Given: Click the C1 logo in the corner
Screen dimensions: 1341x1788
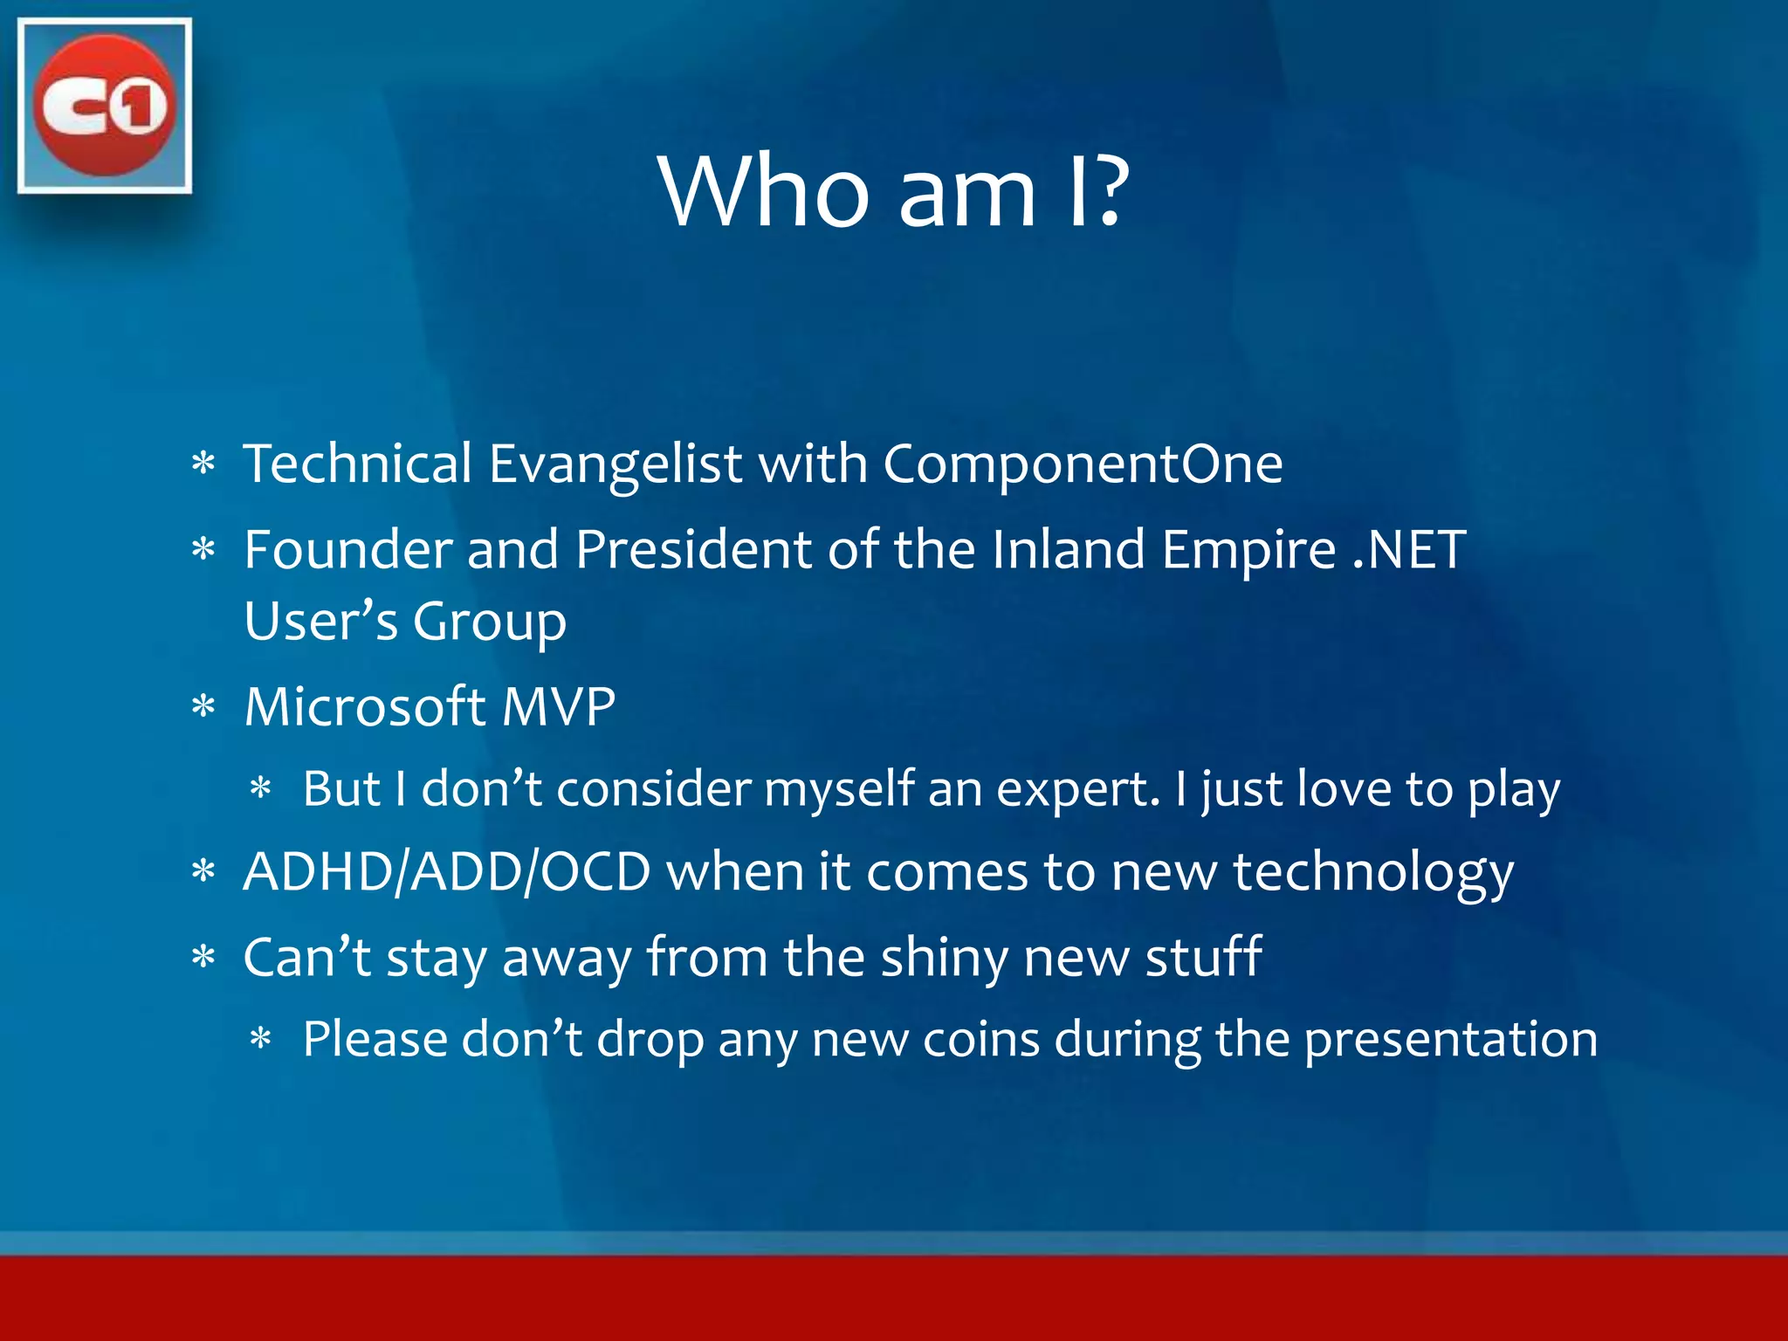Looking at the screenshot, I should tap(104, 105).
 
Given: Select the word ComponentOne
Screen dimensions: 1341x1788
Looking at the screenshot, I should tap(1083, 463).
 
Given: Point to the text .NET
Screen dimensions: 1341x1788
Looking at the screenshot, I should tap(1408, 550).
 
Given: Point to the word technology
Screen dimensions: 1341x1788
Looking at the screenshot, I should tap(1372, 873).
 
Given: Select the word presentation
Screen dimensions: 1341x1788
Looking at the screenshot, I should tap(1450, 1041).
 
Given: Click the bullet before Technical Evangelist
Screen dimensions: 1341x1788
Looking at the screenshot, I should tap(203, 464).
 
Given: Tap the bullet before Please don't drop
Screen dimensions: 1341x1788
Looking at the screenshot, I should tap(261, 1039).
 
